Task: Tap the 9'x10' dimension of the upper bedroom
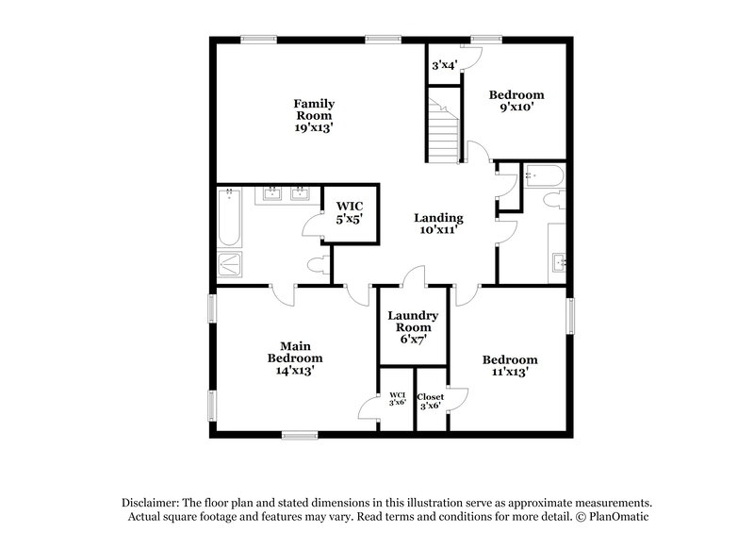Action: (x=516, y=108)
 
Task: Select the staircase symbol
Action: (x=443, y=130)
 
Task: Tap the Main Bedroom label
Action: (x=295, y=352)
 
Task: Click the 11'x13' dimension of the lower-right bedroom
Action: (x=510, y=373)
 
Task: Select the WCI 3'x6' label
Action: (x=396, y=400)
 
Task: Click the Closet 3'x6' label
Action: (x=431, y=400)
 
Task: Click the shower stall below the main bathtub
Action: (x=230, y=263)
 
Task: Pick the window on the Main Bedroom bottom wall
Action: (x=300, y=434)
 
